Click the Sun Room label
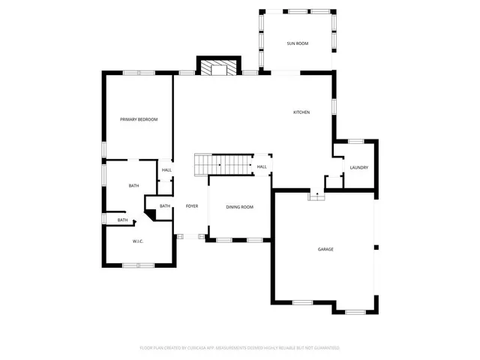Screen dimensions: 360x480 coord(297,44)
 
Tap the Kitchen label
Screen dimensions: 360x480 coord(301,112)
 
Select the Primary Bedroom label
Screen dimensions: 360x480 coord(139,119)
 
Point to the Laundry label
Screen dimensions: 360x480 coord(358,167)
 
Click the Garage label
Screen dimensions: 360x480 coord(325,249)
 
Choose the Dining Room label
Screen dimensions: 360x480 coord(240,207)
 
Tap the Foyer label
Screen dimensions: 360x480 coord(192,205)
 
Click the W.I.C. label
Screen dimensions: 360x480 coord(138,241)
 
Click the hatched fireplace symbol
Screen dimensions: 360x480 coord(217,67)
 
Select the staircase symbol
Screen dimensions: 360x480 coord(223,163)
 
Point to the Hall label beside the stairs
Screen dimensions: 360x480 coord(262,166)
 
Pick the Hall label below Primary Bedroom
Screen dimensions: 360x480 coord(166,170)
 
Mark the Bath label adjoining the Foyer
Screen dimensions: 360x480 coord(165,206)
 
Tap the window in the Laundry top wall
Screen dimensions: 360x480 coord(356,141)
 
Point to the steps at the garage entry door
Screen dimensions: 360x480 coord(316,196)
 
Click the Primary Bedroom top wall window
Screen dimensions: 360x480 coord(139,72)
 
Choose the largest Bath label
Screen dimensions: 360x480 coord(133,186)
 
